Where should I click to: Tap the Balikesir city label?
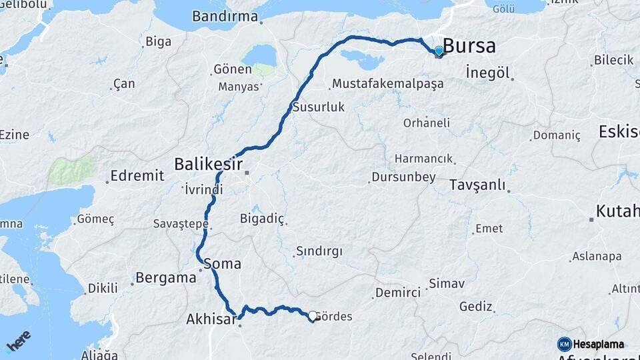[208, 163]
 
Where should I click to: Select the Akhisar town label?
[211, 321]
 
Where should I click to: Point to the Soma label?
[223, 263]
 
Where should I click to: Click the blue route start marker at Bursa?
[439, 51]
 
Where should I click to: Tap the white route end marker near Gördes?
[312, 315]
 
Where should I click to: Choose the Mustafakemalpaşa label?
[387, 84]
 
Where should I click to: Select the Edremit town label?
[137, 175]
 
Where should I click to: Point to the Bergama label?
[165, 277]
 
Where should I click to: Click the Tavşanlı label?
[477, 185]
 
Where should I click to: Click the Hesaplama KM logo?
[591, 344]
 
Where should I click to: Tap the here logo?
[19, 341]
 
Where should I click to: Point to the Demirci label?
[398, 293]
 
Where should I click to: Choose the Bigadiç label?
[262, 219]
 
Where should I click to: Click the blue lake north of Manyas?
[259, 56]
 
